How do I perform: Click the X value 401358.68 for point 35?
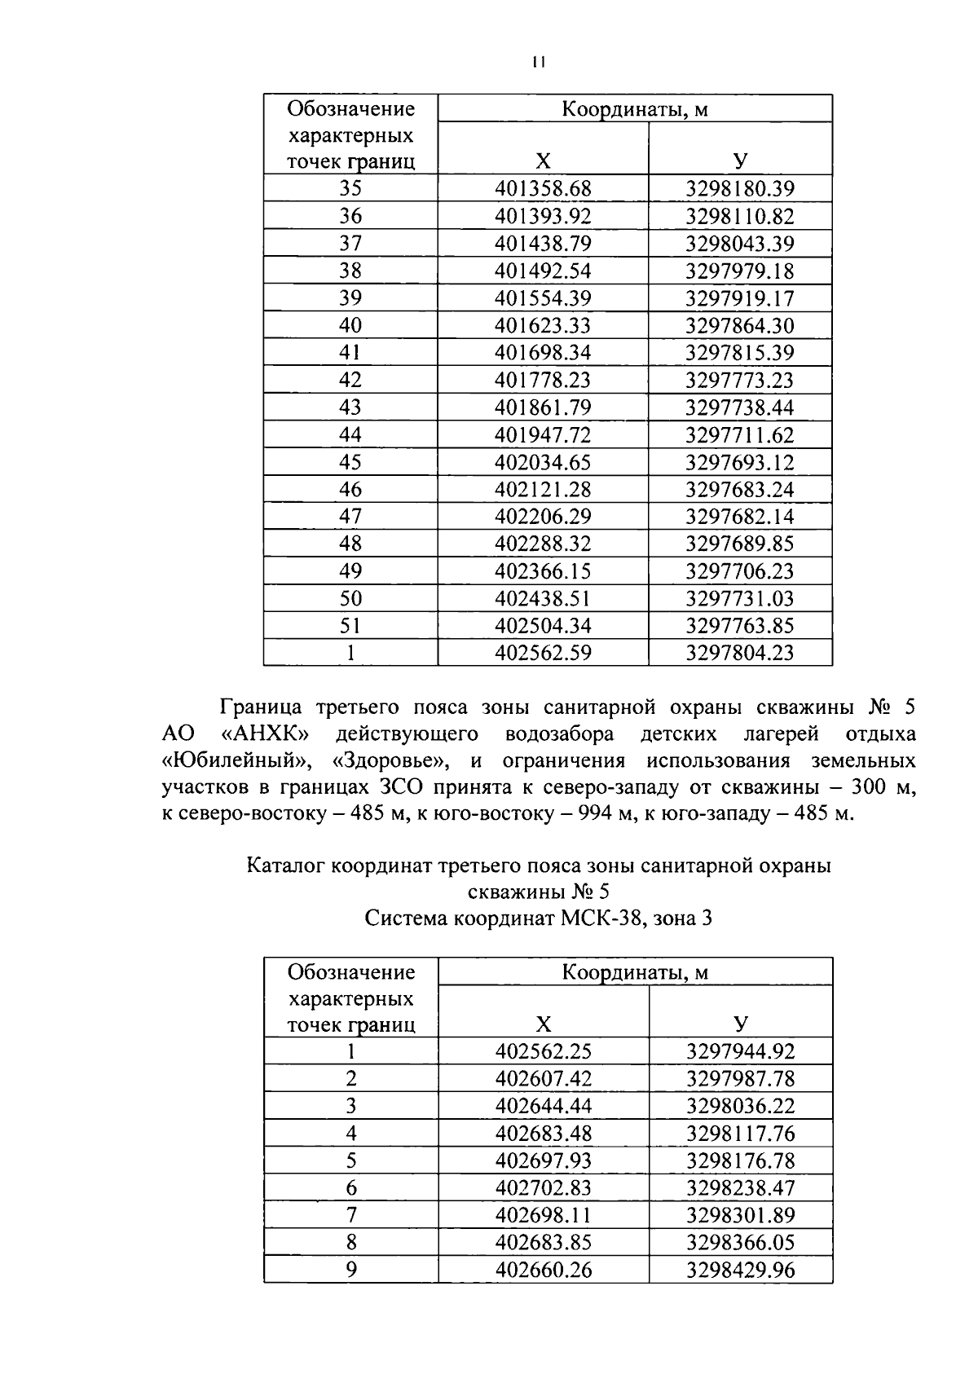[543, 189]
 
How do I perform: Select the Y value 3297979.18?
[739, 271]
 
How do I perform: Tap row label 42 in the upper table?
[350, 380]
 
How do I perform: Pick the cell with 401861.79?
[543, 407]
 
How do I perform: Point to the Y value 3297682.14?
[739, 517]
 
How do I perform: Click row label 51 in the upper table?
[350, 626]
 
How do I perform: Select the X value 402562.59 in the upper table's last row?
[543, 653]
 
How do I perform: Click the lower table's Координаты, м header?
[635, 972]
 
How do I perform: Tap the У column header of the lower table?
[740, 1024]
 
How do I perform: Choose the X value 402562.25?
[543, 1052]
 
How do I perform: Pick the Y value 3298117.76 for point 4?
[739, 1134]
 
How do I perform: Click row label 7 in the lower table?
[351, 1216]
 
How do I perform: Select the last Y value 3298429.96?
[739, 1270]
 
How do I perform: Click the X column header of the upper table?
[543, 161]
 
